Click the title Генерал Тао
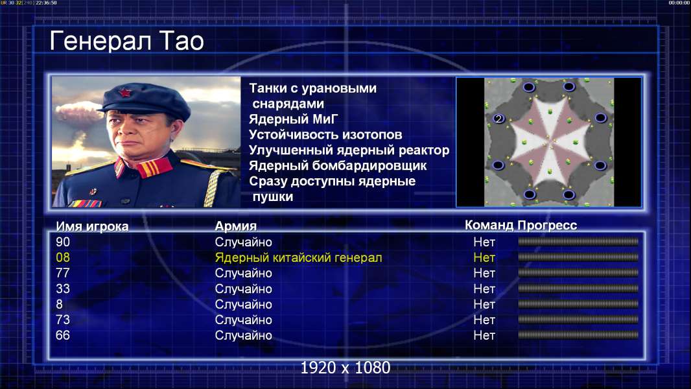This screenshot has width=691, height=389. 126,41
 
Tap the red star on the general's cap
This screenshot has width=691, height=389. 124,93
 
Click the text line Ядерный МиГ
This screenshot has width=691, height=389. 294,119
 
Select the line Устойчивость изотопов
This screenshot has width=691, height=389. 325,135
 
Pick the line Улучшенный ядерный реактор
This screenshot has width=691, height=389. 349,150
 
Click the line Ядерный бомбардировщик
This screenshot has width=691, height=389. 338,165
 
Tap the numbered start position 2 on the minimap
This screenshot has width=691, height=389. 498,119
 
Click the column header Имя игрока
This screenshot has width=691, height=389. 92,226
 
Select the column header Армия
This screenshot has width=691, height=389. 236,226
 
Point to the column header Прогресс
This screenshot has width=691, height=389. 547,225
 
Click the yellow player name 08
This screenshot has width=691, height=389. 63,257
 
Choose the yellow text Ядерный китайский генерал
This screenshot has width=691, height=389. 298,258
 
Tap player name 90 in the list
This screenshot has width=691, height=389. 63,242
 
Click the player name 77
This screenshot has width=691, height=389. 63,273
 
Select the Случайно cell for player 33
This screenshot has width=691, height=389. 243,289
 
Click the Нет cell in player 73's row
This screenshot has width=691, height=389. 484,320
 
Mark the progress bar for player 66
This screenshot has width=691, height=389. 578,335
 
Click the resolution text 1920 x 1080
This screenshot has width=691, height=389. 345,368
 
